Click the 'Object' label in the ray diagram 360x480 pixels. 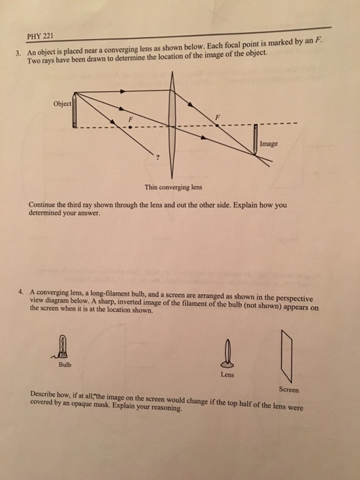[62, 104]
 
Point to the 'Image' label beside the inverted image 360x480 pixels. [269, 145]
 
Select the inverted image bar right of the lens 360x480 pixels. [255, 143]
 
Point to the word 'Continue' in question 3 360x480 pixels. [43, 204]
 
